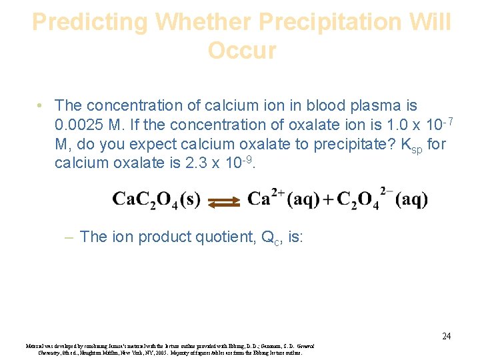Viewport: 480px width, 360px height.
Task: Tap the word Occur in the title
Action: tap(241, 51)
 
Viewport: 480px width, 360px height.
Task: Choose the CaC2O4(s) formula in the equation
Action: tap(156, 199)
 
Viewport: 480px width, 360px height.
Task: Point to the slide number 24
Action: tap(446, 336)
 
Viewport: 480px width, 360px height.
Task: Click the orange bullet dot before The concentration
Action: tap(41, 106)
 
